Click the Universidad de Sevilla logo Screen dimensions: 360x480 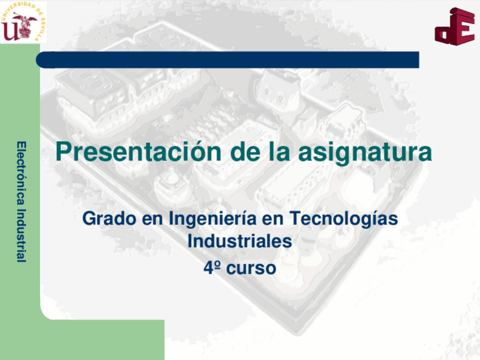23,22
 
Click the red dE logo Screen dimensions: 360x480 454,26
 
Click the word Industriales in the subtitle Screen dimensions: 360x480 239,241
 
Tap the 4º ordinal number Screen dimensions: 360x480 212,267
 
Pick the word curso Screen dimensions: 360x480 251,268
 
